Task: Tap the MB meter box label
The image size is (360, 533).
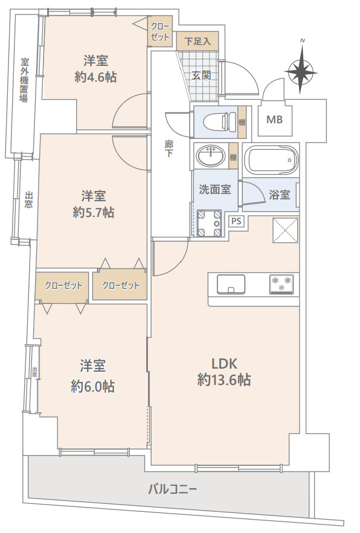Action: tap(274, 120)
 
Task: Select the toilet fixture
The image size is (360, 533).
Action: tap(220, 121)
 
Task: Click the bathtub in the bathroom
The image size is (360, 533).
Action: tap(272, 160)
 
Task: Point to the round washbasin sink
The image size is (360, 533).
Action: tap(211, 157)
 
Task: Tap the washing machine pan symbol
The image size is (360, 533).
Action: tap(209, 223)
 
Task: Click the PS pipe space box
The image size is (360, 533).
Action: tap(236, 221)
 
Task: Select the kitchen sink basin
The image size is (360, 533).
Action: tap(231, 284)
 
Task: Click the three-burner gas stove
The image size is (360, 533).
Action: tap(281, 283)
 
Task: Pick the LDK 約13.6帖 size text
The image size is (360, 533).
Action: tap(224, 372)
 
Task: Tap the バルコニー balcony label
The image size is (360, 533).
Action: tap(173, 489)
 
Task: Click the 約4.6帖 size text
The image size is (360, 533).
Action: tap(96, 77)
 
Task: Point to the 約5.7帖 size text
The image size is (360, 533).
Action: tap(94, 213)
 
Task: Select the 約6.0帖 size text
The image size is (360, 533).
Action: tap(92, 387)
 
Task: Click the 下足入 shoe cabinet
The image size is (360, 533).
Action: tap(198, 42)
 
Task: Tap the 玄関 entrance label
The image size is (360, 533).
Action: tap(201, 75)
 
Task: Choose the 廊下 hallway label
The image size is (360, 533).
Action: tap(169, 149)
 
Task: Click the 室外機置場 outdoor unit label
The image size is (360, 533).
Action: tap(24, 80)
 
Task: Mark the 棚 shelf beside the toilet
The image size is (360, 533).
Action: tap(242, 122)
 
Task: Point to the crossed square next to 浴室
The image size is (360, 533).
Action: tap(285, 230)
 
